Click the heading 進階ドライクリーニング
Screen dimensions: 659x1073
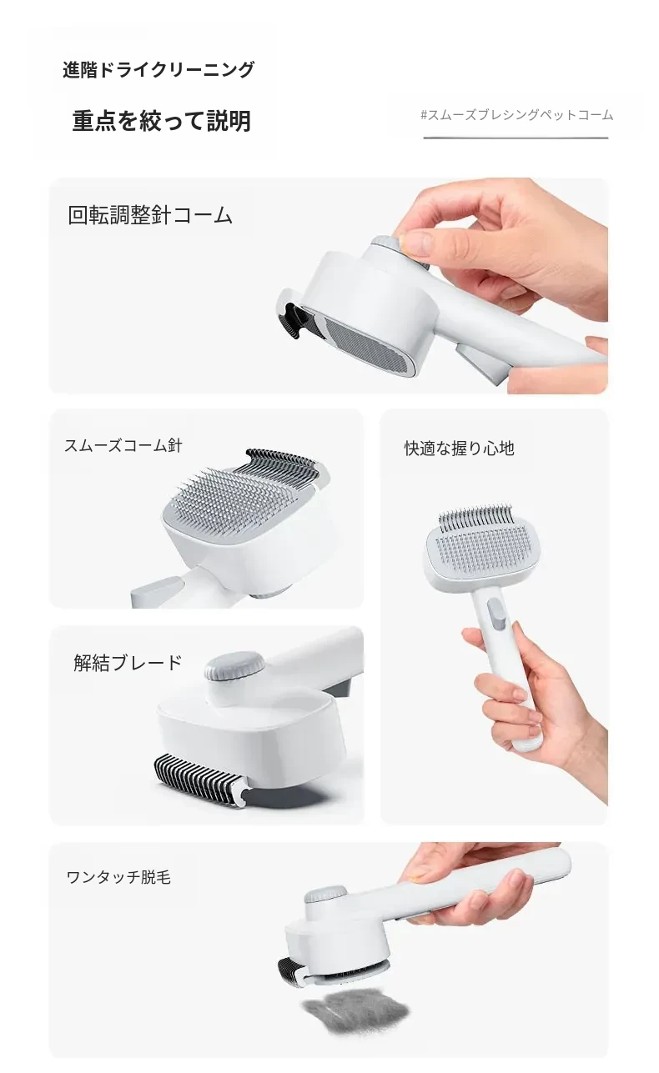coord(158,70)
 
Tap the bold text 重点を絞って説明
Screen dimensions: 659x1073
coord(162,120)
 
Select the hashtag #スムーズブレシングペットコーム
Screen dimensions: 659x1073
coord(516,115)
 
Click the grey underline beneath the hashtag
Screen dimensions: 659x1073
coord(516,138)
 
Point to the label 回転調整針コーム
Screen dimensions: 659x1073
coord(150,215)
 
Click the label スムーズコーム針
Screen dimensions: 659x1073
coord(123,445)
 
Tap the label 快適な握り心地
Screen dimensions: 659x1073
coord(459,449)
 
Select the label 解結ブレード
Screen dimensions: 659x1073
coord(128,663)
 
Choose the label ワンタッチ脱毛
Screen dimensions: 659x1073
coord(118,877)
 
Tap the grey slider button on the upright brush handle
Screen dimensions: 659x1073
coord(496,614)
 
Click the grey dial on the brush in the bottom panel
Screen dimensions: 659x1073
coord(326,895)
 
